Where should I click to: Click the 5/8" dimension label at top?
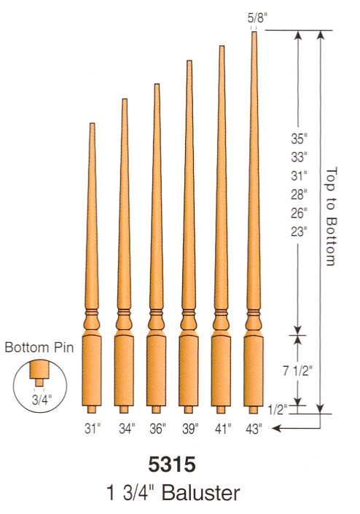(x=255, y=17)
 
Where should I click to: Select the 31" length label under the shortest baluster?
(x=93, y=429)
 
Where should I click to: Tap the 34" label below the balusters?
(x=127, y=429)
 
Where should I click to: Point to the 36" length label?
(x=157, y=429)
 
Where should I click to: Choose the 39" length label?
(x=190, y=429)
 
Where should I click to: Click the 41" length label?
(x=223, y=429)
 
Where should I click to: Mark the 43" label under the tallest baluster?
(x=254, y=429)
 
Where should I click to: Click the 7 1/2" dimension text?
(x=297, y=371)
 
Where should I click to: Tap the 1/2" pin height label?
(x=278, y=410)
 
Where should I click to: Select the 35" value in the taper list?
(x=299, y=139)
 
